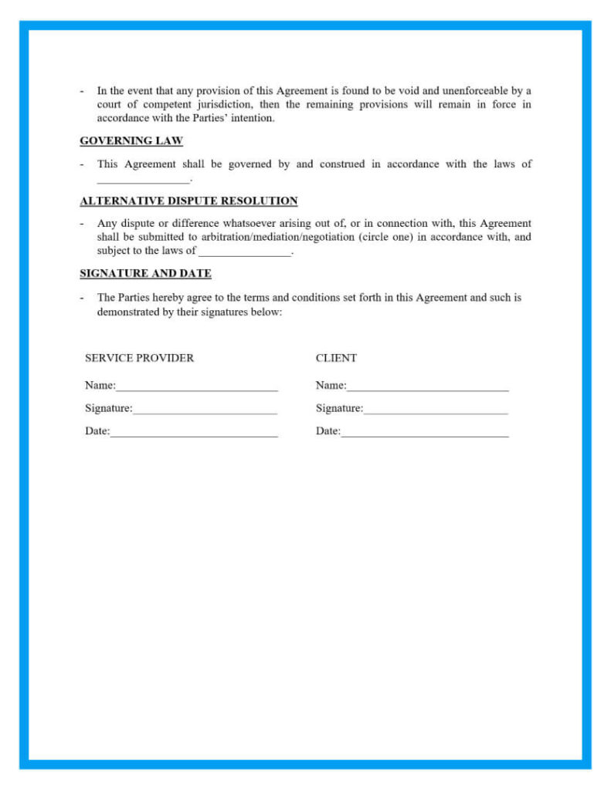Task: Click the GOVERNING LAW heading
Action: tap(131, 141)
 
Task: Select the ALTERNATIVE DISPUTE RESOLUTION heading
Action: tap(188, 201)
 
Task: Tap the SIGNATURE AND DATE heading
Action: tap(145, 274)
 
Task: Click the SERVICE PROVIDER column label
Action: tap(139, 358)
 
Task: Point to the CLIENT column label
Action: tap(336, 358)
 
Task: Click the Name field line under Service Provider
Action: tap(196, 387)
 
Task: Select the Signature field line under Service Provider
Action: tap(205, 410)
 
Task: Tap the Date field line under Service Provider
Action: tap(193, 433)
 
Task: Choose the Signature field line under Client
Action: tap(436, 410)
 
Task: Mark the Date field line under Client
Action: tap(424, 433)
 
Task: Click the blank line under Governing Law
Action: tap(143, 181)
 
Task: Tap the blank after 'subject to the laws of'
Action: tap(245, 252)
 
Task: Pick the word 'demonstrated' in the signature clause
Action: tap(127, 312)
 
